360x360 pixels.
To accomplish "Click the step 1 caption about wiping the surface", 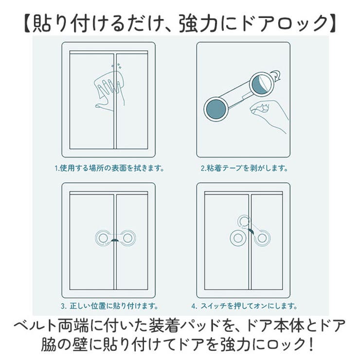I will pyautogui.click(x=108, y=169).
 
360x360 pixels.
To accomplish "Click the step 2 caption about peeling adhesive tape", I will pyautogui.click(x=244, y=169).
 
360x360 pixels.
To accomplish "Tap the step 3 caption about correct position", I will pyautogui.click(x=109, y=306).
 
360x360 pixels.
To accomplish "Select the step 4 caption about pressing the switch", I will pyautogui.click(x=244, y=306).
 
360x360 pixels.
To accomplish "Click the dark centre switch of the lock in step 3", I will pyautogui.click(x=115, y=240).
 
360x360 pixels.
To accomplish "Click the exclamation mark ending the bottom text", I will pyautogui.click(x=310, y=344).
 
